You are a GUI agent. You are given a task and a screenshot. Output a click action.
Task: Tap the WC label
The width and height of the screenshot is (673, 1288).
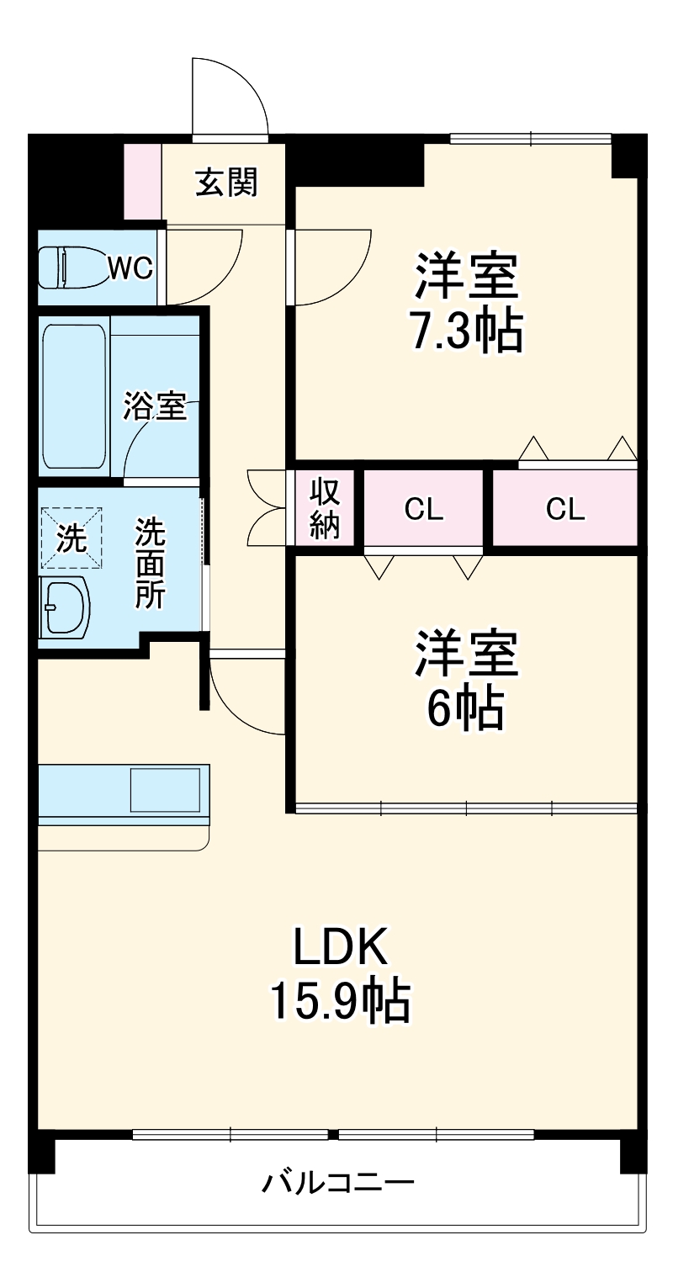click(130, 268)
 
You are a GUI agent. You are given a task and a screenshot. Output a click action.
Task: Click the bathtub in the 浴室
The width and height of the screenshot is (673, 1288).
click(74, 395)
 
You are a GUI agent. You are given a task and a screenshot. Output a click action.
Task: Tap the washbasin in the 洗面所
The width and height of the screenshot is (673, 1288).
click(66, 607)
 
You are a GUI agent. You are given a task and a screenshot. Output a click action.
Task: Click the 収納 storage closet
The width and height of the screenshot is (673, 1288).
click(324, 508)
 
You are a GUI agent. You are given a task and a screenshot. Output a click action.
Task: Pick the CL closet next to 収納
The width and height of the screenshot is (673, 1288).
click(423, 509)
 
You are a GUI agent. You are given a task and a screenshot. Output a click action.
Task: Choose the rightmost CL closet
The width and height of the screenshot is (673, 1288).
click(564, 509)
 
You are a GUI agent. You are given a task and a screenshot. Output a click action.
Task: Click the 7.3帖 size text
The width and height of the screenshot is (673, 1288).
click(465, 331)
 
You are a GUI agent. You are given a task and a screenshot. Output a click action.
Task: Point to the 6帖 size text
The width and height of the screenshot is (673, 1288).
click(465, 710)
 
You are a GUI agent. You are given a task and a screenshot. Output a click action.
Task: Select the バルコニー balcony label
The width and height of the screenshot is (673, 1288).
click(337, 1184)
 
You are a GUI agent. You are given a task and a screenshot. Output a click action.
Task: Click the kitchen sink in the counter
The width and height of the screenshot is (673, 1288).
click(167, 790)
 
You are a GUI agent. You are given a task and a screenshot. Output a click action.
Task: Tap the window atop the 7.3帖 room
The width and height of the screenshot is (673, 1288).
click(530, 139)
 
